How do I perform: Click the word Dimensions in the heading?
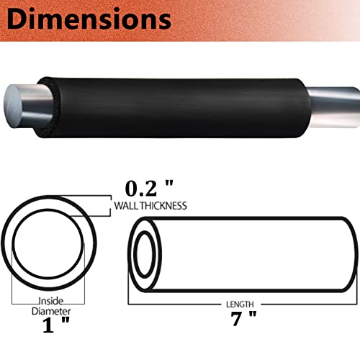click(x=89, y=19)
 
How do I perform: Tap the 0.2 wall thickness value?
click(x=141, y=189)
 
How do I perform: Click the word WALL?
click(x=126, y=206)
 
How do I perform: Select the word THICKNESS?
click(x=163, y=206)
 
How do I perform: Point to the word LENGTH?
click(x=240, y=305)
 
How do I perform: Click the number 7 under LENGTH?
click(x=236, y=318)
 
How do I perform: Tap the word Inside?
click(x=51, y=301)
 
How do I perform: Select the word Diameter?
click(x=51, y=311)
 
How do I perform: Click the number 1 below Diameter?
click(x=48, y=325)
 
